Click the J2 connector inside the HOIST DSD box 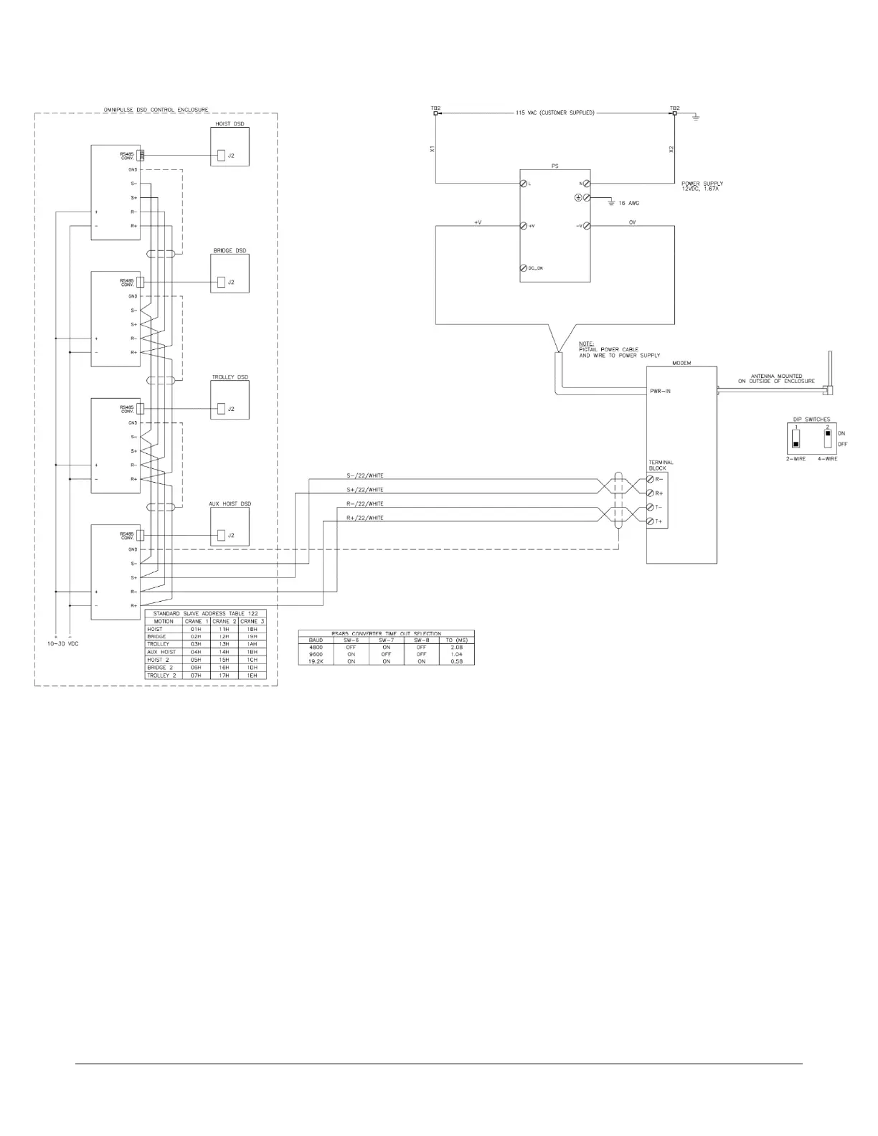(222, 156)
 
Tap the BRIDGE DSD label (230, 251)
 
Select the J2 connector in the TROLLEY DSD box (222, 409)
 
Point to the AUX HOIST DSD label (230, 504)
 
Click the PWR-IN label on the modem (660, 391)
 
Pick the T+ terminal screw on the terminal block (651, 521)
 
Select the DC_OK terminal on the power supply (524, 268)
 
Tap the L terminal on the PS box (524, 184)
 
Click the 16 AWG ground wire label (628, 204)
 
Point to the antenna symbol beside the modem (829, 373)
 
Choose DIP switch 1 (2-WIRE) (796, 437)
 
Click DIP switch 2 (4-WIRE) (828, 437)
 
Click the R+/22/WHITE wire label (364, 518)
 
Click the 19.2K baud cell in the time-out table (316, 661)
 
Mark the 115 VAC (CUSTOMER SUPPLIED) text (554, 113)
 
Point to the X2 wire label (671, 149)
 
